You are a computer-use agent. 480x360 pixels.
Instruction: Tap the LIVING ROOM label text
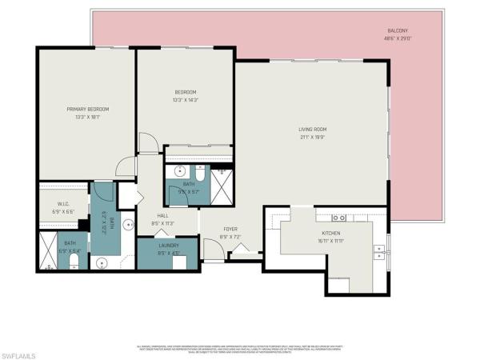pyautogui.click(x=312, y=129)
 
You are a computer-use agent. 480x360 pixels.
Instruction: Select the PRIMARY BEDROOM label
pyautogui.click(x=87, y=109)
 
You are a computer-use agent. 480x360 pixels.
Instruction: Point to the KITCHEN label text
pyautogui.click(x=331, y=233)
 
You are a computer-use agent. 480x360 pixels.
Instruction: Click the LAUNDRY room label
pyautogui.click(x=167, y=246)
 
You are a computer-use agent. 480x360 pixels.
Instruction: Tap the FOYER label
pyautogui.click(x=229, y=229)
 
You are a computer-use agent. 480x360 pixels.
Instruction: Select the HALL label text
pyautogui.click(x=162, y=216)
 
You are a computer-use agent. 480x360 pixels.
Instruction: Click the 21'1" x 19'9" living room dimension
pyautogui.click(x=312, y=137)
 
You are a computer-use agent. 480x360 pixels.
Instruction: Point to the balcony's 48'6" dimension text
pyautogui.click(x=390, y=39)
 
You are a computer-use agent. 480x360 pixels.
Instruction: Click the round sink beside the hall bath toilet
pyautogui.click(x=180, y=170)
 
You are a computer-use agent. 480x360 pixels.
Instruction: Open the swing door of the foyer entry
pyautogui.click(x=212, y=252)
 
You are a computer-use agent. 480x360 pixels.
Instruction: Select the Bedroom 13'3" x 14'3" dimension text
pyautogui.click(x=186, y=100)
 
